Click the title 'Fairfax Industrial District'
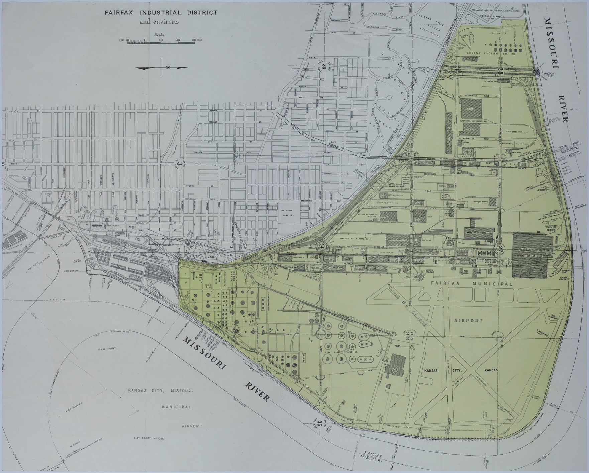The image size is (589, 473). point(161,13)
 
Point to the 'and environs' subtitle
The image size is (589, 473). point(159,22)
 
